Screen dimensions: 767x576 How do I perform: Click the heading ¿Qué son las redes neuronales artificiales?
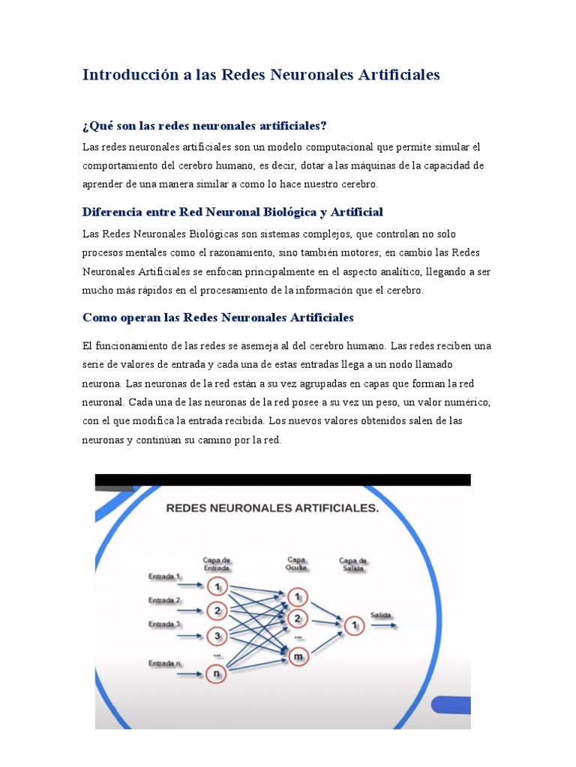tap(205, 125)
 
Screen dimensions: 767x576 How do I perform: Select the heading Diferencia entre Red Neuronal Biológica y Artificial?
tap(232, 212)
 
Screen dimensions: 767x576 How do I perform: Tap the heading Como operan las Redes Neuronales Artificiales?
tap(217, 318)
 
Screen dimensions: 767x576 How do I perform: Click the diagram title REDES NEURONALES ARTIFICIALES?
tap(272, 509)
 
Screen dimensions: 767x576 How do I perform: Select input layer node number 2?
tap(217, 610)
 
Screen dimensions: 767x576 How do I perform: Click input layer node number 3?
tap(217, 636)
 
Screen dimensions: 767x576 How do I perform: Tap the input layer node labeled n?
tap(217, 673)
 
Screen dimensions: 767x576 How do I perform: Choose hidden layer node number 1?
tap(298, 597)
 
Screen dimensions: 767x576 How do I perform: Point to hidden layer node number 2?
tap(298, 619)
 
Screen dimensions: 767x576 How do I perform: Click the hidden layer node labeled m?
tap(298, 655)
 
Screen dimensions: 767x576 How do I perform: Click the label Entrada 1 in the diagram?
tap(163, 576)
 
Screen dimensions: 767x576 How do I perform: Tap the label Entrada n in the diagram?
tap(163, 664)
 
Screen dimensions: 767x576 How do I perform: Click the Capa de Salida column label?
tap(352, 564)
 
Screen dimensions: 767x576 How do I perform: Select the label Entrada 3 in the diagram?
tap(163, 624)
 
